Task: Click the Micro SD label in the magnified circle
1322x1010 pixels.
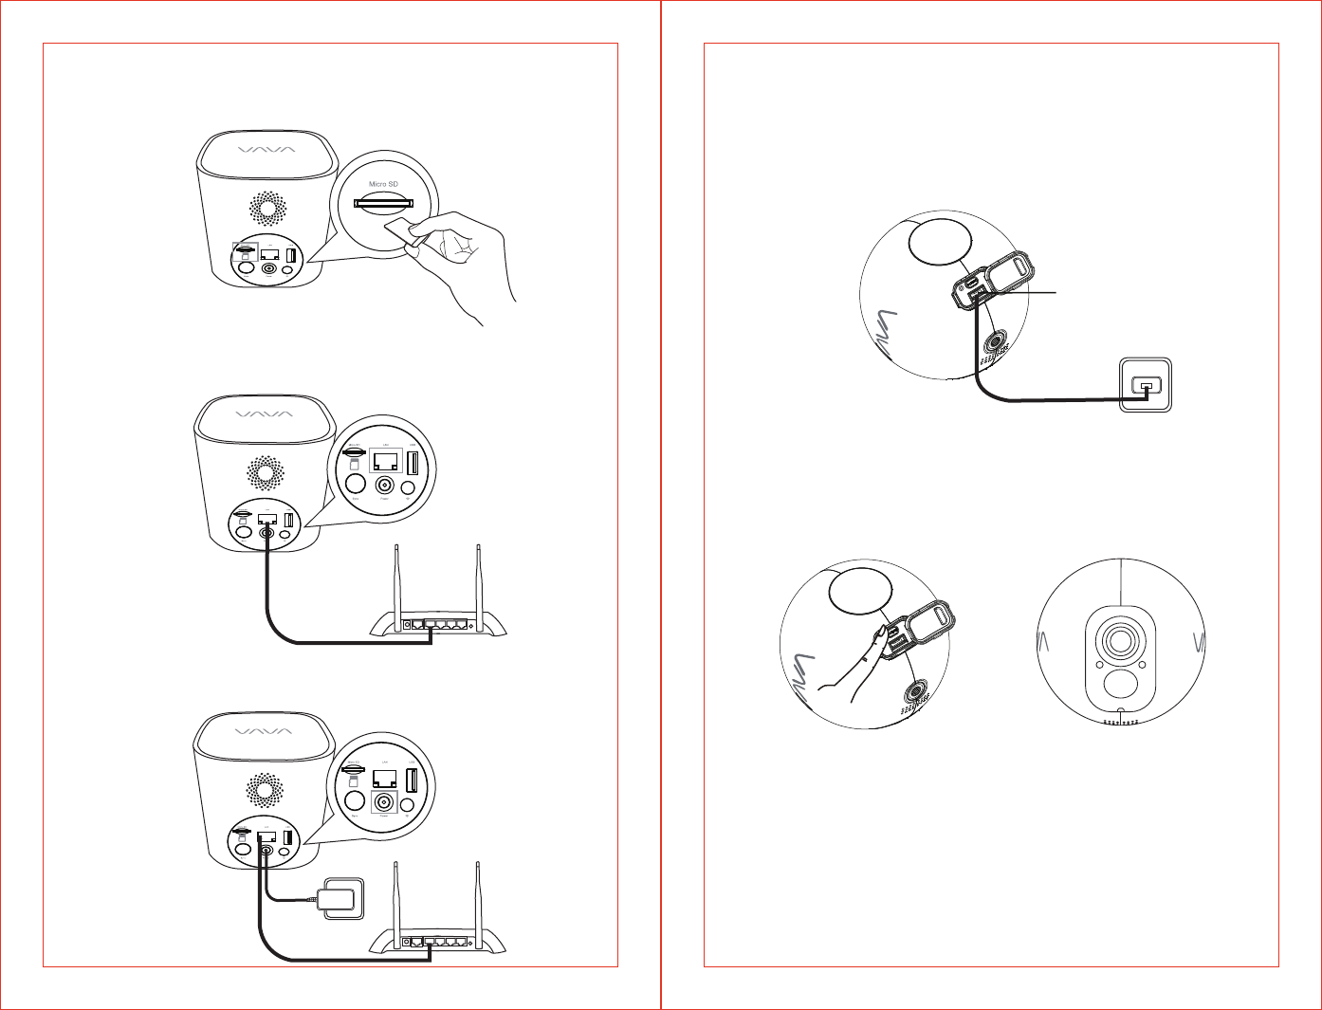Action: pyautogui.click(x=383, y=184)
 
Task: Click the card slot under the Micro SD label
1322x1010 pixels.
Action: pyautogui.click(x=384, y=202)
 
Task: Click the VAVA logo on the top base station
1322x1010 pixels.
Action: pyautogui.click(x=266, y=149)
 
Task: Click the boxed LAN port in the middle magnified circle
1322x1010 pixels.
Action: pyautogui.click(x=385, y=462)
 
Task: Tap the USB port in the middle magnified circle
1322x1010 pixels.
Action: pyautogui.click(x=413, y=464)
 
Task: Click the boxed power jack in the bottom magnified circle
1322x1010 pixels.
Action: pyautogui.click(x=384, y=801)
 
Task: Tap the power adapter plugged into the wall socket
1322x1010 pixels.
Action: pyautogui.click(x=340, y=896)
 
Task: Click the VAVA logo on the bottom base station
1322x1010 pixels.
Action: pyautogui.click(x=266, y=731)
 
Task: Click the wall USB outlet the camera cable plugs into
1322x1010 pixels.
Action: pyautogui.click(x=1146, y=385)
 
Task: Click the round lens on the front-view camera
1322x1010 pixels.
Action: pyautogui.click(x=1121, y=641)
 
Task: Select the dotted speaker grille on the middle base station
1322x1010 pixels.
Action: pyautogui.click(x=266, y=472)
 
